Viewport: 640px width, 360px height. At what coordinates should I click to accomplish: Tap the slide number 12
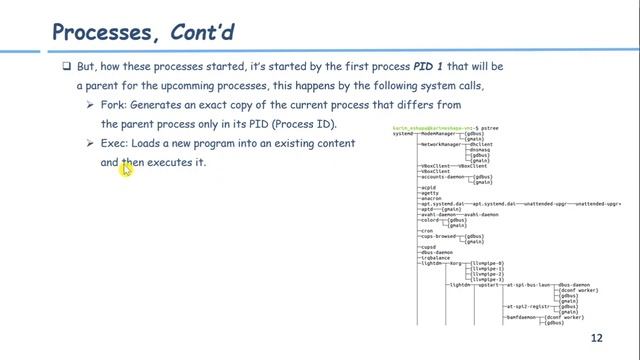(x=597, y=338)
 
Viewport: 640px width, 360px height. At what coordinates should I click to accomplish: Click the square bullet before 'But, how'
(x=66, y=67)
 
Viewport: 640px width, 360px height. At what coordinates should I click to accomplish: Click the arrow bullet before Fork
(x=93, y=105)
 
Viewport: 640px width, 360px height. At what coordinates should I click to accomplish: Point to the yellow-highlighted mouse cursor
(x=127, y=169)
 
